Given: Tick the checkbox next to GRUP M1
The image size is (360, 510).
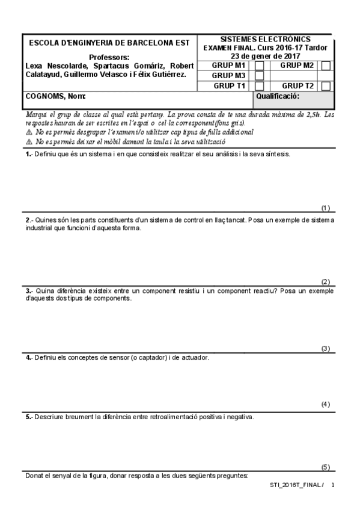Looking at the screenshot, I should [260, 66].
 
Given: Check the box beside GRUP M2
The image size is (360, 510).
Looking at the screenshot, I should [326, 66].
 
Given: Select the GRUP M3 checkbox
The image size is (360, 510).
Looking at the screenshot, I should [260, 76].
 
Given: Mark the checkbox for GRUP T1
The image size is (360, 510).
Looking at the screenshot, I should [260, 86].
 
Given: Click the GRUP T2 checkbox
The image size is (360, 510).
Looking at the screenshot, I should [326, 86].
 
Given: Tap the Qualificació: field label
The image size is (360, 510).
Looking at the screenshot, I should [278, 96].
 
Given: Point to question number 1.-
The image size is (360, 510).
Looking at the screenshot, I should [29, 154].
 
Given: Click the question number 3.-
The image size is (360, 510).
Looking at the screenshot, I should [29, 290].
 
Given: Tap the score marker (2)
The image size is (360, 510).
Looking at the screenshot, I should [326, 281].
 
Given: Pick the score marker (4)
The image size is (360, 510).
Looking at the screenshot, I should [326, 404].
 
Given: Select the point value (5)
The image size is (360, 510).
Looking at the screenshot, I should [326, 467].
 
